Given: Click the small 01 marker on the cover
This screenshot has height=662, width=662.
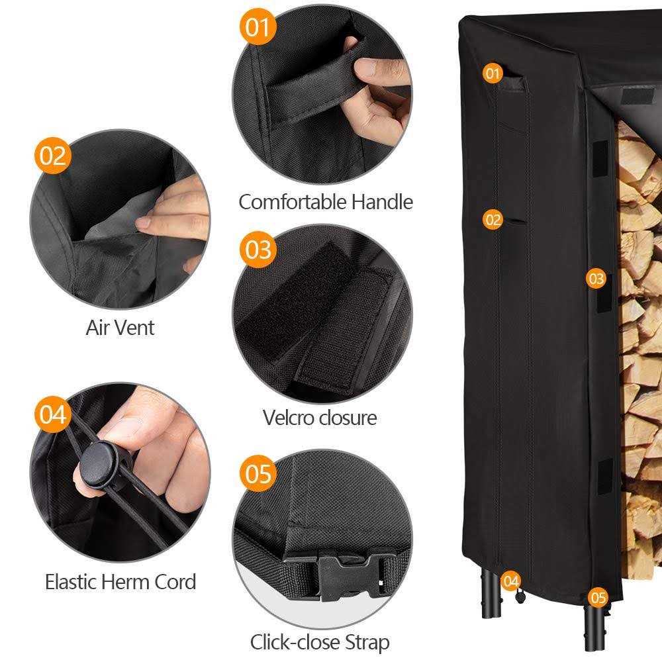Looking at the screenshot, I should click(x=492, y=73).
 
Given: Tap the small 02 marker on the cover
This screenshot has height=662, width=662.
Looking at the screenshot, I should click(x=493, y=219).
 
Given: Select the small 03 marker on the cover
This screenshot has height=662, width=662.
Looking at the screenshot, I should click(x=596, y=279).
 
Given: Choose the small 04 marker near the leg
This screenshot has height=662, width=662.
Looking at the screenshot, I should click(x=510, y=582).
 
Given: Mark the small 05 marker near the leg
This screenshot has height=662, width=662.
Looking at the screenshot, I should click(x=598, y=598).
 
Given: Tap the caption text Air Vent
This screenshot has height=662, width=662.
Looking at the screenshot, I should click(x=120, y=328).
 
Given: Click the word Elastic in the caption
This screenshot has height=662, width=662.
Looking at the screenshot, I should click(x=71, y=583).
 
